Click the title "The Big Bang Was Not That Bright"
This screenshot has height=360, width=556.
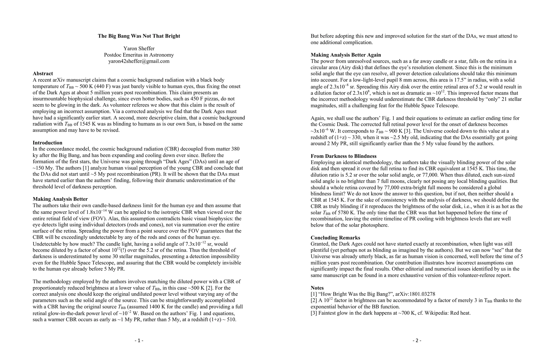[x=139, y=36]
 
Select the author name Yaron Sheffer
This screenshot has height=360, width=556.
[x=139, y=49]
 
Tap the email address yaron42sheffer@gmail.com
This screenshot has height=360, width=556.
[x=139, y=61]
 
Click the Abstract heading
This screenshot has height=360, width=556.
[x=43, y=73]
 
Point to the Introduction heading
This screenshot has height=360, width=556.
[x=47, y=143]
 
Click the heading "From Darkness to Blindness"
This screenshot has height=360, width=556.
[x=343, y=156]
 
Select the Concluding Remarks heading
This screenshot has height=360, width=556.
[x=335, y=238]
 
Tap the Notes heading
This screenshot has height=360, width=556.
[x=317, y=288]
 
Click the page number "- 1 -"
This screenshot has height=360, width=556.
[x=139, y=340]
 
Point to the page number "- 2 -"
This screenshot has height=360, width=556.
[x=417, y=340]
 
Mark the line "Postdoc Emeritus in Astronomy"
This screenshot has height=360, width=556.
[x=139, y=55]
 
